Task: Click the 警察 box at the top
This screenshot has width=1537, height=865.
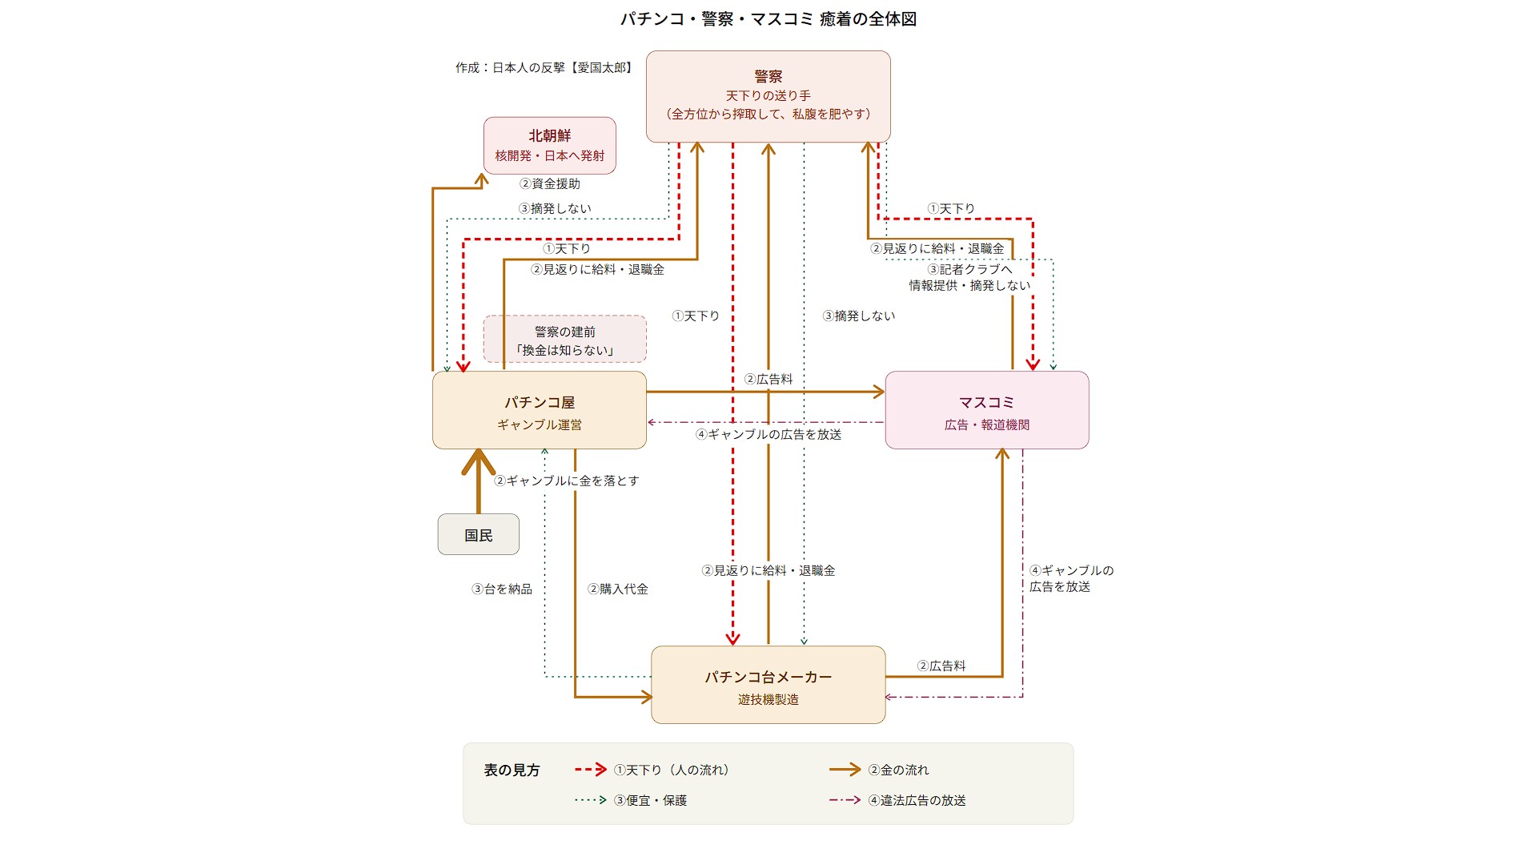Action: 768,96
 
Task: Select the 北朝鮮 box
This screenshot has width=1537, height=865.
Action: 549,145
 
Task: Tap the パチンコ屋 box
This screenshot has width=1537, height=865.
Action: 539,410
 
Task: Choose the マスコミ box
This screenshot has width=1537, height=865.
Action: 986,410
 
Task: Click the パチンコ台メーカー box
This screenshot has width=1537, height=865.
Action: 768,686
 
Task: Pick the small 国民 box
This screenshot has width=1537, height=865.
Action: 478,535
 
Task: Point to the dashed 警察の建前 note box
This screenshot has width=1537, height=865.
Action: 564,340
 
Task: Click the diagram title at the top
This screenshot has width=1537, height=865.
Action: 768,19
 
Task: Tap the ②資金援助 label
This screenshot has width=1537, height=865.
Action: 550,184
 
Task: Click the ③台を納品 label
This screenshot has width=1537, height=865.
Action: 502,589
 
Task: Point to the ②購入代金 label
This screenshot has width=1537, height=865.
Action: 618,589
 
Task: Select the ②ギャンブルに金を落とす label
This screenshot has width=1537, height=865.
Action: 567,481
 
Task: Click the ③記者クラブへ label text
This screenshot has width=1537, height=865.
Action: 969,270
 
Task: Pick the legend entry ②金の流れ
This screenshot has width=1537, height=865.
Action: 898,770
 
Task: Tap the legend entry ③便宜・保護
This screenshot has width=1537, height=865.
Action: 650,801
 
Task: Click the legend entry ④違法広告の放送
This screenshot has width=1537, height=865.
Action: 917,801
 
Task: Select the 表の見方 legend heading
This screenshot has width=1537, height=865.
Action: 512,770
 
